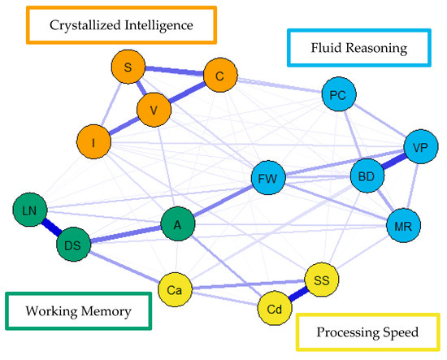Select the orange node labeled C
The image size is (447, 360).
219,76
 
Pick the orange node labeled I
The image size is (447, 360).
94,143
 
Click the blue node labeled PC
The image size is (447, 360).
339,95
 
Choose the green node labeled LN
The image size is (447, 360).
30,210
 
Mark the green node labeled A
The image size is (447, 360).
177,223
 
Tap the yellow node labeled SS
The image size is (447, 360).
320,280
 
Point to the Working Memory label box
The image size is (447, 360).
79,310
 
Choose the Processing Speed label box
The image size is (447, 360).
367,333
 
